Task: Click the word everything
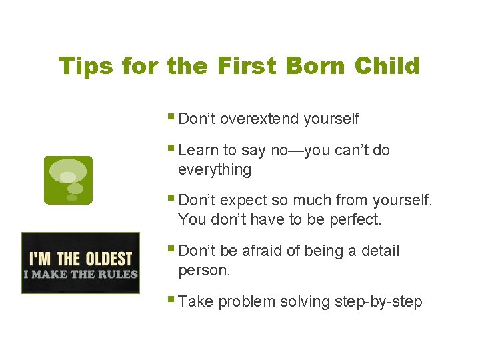click(x=215, y=169)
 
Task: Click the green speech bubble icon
click(x=68, y=180)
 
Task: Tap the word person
click(x=204, y=270)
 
